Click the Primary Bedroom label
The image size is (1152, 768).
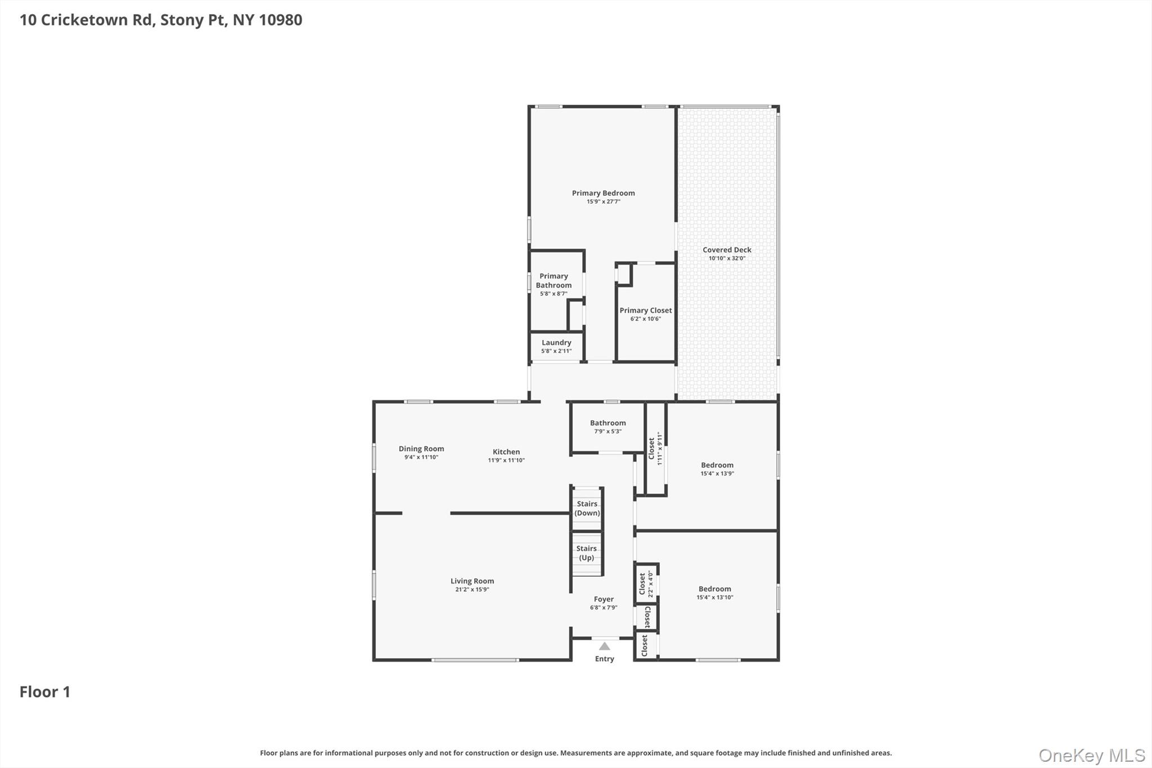[x=603, y=193]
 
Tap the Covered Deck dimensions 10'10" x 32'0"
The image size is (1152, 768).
[x=727, y=258]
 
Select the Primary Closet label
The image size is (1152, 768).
[x=645, y=311]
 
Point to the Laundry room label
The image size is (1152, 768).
[x=556, y=343]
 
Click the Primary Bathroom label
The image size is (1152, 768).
[x=553, y=280]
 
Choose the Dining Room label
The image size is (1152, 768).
[x=421, y=448]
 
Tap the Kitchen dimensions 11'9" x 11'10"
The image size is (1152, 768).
[x=506, y=460]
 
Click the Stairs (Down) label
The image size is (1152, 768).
[x=587, y=508]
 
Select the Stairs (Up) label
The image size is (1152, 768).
[x=586, y=553]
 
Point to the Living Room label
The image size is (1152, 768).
[x=472, y=581]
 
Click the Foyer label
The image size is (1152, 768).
[x=604, y=599]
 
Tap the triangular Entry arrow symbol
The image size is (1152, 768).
[x=604, y=646]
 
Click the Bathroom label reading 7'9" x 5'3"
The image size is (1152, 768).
[x=607, y=423]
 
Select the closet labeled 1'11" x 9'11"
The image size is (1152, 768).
[x=655, y=448]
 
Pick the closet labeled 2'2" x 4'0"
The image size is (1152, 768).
[x=646, y=584]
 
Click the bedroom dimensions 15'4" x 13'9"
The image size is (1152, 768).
[x=717, y=474]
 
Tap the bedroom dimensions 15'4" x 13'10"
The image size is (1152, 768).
[x=714, y=598]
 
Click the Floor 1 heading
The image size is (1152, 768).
[x=45, y=691]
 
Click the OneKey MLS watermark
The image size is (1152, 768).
[x=1091, y=755]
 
